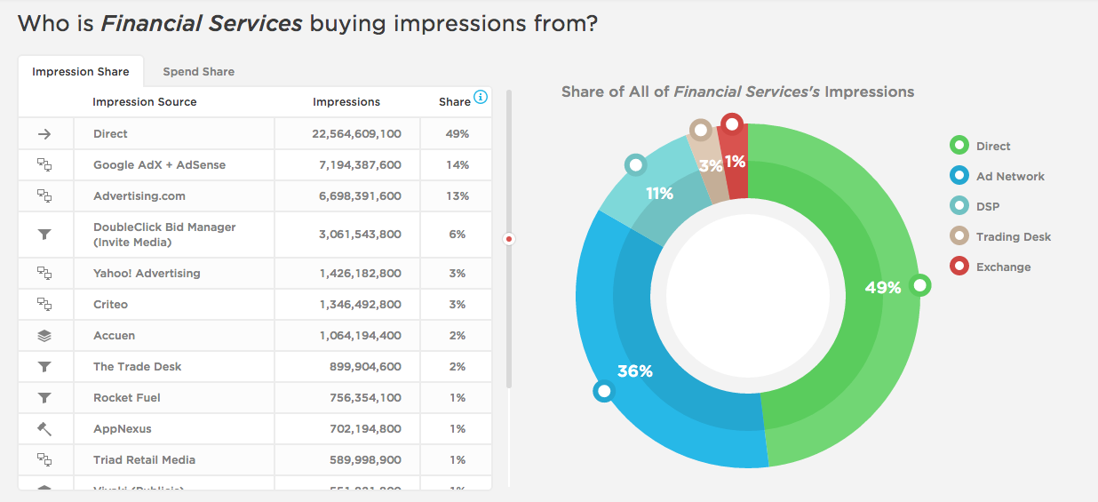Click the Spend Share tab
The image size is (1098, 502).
[x=198, y=71]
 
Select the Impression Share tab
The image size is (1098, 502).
[x=81, y=71]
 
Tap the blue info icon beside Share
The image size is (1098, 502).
[x=481, y=97]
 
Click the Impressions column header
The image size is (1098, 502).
[x=346, y=102]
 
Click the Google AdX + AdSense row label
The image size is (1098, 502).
[x=159, y=165]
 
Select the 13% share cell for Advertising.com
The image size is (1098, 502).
[x=457, y=196]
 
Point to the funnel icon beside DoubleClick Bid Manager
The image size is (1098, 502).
[x=44, y=235]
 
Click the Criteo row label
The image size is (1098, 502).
[x=111, y=305]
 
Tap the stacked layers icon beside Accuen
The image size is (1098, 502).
[x=44, y=336]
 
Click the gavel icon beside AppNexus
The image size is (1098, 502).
[x=44, y=429]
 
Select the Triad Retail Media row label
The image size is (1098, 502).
[x=144, y=460]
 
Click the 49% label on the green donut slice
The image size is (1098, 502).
[x=882, y=287]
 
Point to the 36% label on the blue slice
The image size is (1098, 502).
[x=634, y=371]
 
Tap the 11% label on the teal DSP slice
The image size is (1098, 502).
[x=659, y=193]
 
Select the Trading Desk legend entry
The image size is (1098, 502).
[x=1013, y=236]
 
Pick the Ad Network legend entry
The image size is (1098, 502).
[x=1010, y=176]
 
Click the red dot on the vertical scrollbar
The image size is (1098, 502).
[x=509, y=238]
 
